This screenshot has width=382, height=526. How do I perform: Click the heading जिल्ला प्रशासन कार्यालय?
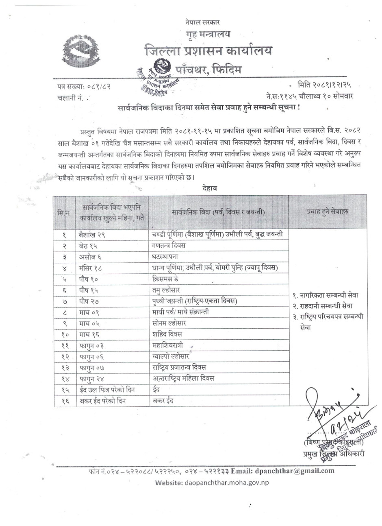[x=208, y=51]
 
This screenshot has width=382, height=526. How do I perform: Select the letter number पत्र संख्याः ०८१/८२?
[x=84, y=87]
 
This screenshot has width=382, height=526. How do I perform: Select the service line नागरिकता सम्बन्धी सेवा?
[x=326, y=295]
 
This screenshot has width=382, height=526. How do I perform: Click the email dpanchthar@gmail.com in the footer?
[x=295, y=471]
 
